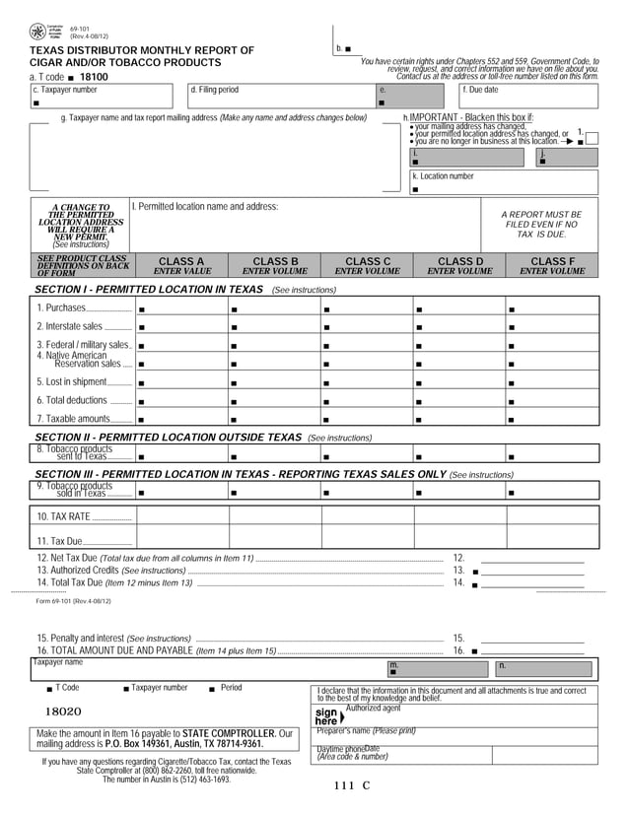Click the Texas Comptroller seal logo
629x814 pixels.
(36, 33)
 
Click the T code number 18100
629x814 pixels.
(94, 76)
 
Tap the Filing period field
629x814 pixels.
(281, 96)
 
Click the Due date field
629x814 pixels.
(528, 96)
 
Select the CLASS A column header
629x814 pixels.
(181, 265)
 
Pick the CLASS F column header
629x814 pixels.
(552, 265)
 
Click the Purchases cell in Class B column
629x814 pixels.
(275, 308)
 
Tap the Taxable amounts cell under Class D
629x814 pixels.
(458, 418)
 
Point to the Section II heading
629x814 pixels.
(168, 437)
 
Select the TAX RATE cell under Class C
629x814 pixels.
(367, 514)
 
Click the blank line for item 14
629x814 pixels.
(532, 583)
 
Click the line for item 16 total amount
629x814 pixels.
(532, 651)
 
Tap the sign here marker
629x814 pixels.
(327, 715)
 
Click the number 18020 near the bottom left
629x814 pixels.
(62, 711)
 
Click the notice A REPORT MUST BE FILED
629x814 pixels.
(540, 225)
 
